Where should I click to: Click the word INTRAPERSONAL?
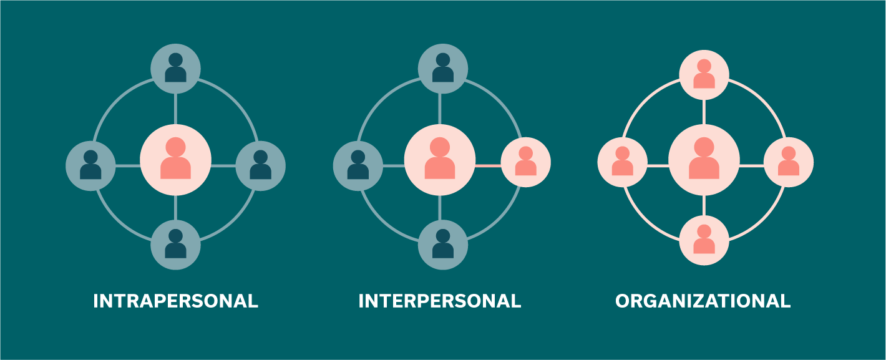[175, 301]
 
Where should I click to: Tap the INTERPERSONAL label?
[439, 301]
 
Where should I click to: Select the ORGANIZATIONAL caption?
[703, 301]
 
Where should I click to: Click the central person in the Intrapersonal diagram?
[175, 160]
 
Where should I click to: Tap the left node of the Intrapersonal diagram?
[90, 166]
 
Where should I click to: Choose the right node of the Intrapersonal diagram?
[261, 166]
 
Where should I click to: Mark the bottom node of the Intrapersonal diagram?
[175, 245]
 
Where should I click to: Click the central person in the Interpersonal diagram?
[440, 160]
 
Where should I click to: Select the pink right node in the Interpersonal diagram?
[526, 162]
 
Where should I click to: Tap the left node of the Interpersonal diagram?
[358, 166]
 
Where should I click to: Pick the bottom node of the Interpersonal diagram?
[442, 245]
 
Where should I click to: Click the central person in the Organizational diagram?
[704, 160]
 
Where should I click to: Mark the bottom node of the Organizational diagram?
[704, 240]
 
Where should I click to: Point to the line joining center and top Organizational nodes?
[704, 112]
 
